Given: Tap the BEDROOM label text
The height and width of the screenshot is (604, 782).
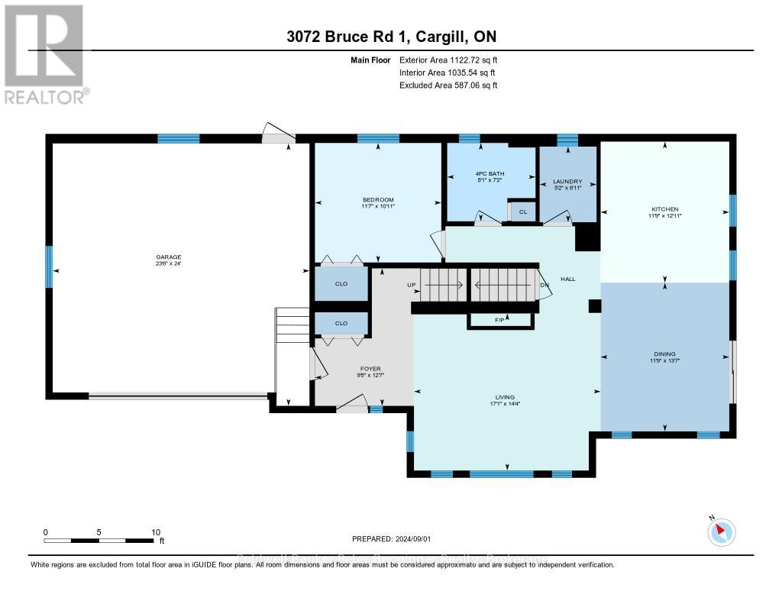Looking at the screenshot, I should point(378,200).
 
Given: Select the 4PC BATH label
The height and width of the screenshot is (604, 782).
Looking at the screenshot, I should point(480,174).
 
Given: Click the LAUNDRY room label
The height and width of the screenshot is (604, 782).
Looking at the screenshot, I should point(567,182).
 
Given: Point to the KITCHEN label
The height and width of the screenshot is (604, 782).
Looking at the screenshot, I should point(664,209).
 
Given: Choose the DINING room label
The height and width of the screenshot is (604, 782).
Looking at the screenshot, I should point(664,354).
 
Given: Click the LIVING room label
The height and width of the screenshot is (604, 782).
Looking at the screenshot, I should point(504,397).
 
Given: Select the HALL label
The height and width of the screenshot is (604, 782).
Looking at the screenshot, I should point(567,279).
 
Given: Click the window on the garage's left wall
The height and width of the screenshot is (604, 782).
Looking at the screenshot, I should point(50,266).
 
